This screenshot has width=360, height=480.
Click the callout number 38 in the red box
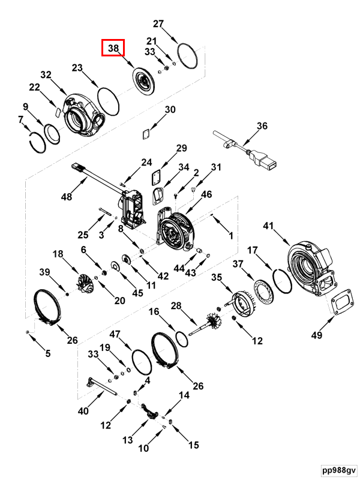click(x=113, y=48)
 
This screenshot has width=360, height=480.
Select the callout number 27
click(x=158, y=23)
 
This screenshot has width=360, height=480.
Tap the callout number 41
click(x=268, y=226)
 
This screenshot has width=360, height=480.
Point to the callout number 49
click(x=317, y=335)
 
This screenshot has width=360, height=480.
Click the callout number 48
click(x=67, y=197)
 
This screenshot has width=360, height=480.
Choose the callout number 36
click(x=262, y=126)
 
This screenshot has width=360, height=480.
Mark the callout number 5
click(x=48, y=353)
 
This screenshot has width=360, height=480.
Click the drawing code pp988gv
click(x=339, y=470)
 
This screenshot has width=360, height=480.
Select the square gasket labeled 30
click(x=146, y=134)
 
